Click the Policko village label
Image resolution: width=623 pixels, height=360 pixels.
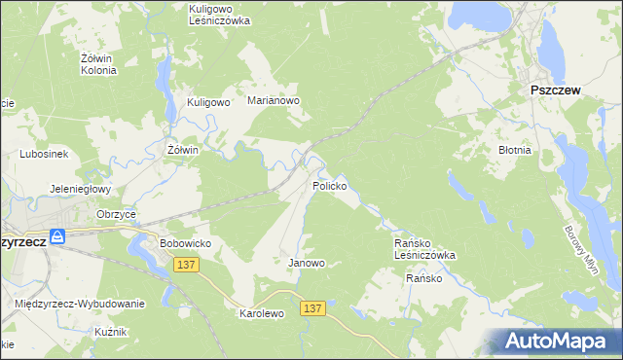[330, 185]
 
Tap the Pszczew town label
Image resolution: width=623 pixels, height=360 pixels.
[555, 90]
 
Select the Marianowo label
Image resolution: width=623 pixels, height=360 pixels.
[274, 100]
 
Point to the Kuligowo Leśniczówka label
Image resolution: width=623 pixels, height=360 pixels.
[219, 14]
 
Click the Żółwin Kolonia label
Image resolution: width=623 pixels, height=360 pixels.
[98, 63]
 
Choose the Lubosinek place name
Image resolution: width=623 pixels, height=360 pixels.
[43, 154]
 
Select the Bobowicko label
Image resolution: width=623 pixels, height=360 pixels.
[185, 242]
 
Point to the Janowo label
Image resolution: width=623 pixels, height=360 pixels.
[307, 263]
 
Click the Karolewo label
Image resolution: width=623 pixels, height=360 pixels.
[261, 314]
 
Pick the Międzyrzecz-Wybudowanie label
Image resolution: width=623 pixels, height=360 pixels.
[80, 304]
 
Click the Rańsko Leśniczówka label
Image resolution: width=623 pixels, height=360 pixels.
[424, 248]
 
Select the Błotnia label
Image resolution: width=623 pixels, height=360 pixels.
[514, 151]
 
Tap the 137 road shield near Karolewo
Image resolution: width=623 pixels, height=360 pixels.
[311, 307]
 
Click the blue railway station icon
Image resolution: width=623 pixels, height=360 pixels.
[57, 236]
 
